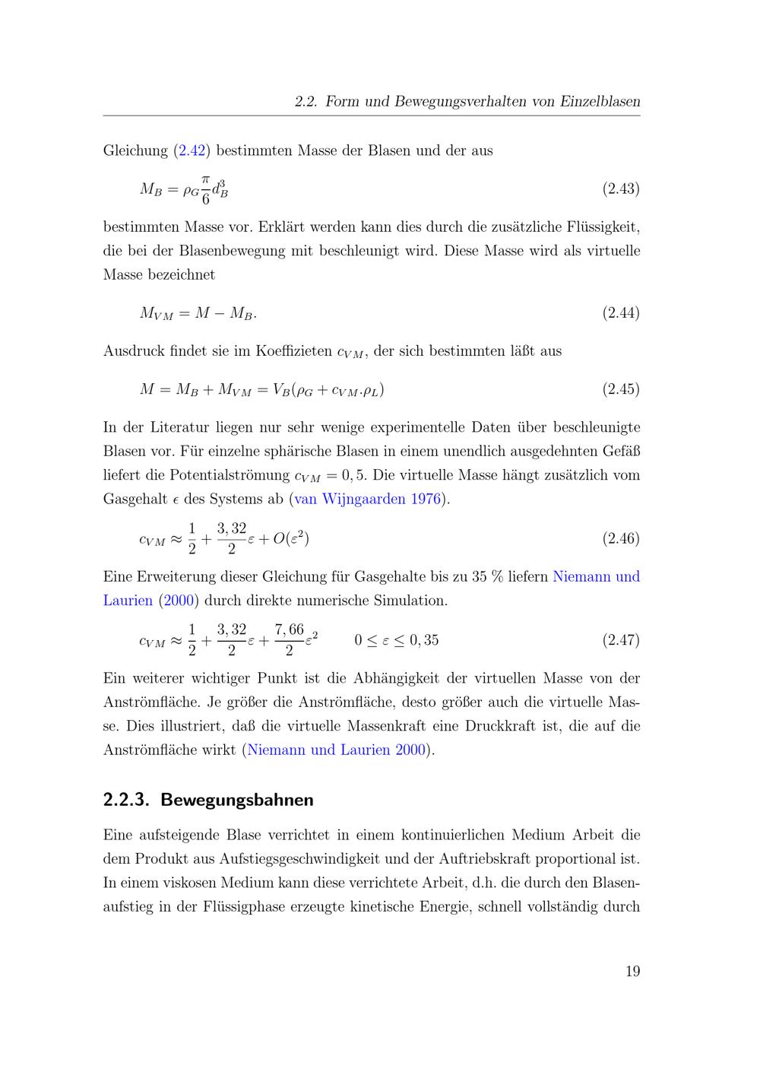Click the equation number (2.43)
click(621, 189)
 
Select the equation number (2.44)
click(621, 312)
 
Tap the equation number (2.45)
click(621, 389)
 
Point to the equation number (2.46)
click(621, 538)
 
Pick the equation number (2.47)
click(621, 639)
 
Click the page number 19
click(632, 971)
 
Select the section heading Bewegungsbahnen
click(237, 800)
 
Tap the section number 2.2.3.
click(128, 800)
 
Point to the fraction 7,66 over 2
click(289, 639)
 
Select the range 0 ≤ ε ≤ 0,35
click(397, 640)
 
